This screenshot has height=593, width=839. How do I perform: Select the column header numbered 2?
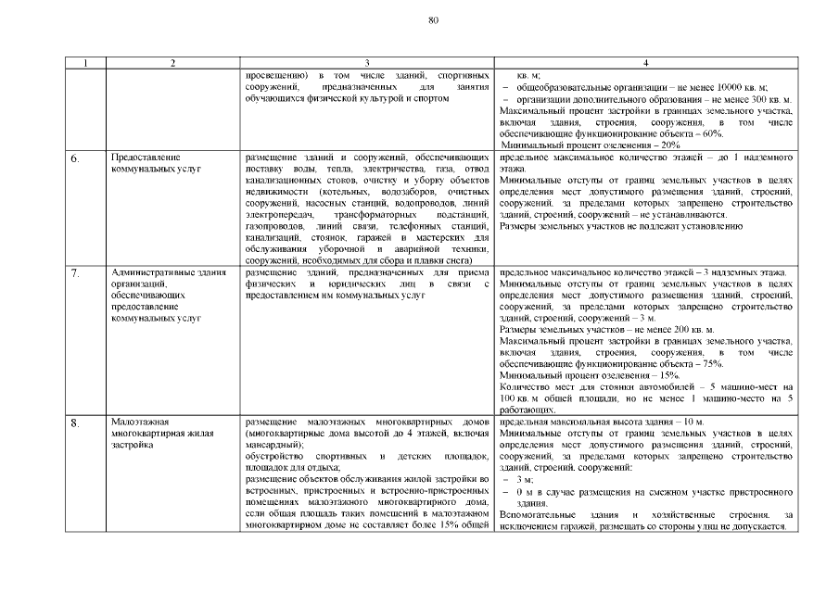point(172,63)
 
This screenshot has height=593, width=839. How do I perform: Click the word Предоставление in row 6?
point(144,158)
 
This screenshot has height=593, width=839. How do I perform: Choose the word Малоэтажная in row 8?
point(136,423)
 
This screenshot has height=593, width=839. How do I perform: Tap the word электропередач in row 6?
point(277,215)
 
